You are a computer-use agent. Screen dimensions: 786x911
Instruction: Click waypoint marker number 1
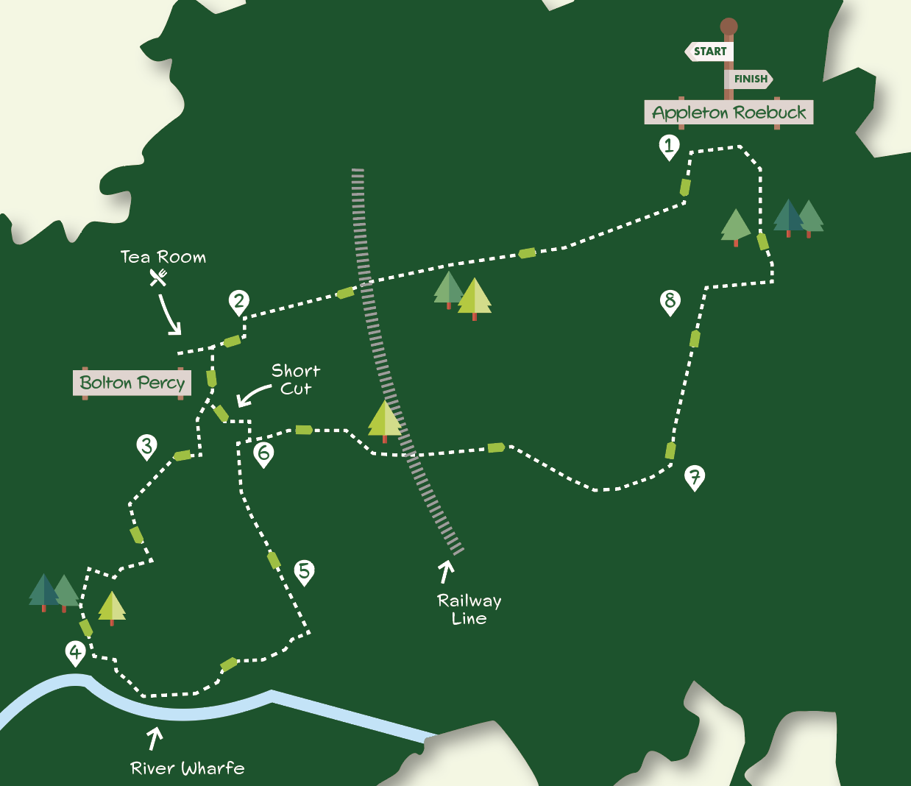pyautogui.click(x=668, y=146)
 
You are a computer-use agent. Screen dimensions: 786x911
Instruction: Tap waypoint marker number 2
pyautogui.click(x=238, y=301)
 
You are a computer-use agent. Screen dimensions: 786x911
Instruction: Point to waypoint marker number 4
pyautogui.click(x=75, y=652)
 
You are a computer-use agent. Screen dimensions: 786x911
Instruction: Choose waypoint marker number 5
pyautogui.click(x=304, y=571)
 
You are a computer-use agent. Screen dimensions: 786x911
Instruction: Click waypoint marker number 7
pyautogui.click(x=694, y=477)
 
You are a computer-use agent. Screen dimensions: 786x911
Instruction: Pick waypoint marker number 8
pyautogui.click(x=670, y=301)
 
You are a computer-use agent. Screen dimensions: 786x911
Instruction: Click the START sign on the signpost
pyautogui.click(x=709, y=52)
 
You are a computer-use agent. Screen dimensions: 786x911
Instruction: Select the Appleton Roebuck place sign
pyautogui.click(x=729, y=113)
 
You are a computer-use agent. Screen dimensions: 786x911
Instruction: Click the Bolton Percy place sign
pyautogui.click(x=132, y=383)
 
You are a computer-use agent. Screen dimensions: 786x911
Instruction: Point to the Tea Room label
pyautogui.click(x=163, y=257)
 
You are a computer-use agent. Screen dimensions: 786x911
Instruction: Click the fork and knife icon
pyautogui.click(x=158, y=277)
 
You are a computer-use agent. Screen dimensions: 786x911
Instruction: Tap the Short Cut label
pyautogui.click(x=296, y=380)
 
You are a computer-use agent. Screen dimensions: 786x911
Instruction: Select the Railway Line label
pyautogui.click(x=469, y=609)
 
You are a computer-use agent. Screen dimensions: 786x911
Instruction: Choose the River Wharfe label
pyautogui.click(x=188, y=768)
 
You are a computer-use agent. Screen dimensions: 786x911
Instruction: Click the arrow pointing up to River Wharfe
pyautogui.click(x=155, y=738)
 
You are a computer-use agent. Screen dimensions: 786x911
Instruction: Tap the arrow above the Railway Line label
pyautogui.click(x=446, y=572)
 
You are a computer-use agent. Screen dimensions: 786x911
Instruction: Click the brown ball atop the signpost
pyautogui.click(x=729, y=27)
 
